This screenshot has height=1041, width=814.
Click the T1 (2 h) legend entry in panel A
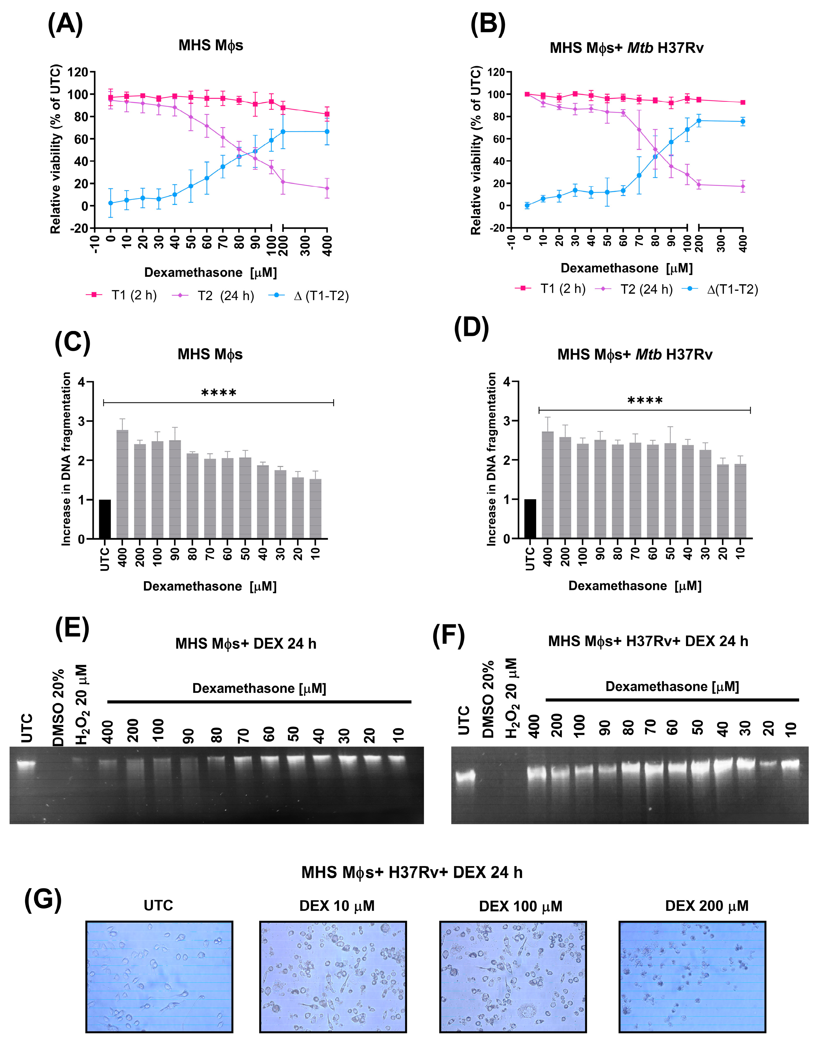point(122,296)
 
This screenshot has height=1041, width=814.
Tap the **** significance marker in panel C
point(219,393)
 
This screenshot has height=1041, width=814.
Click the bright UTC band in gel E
point(26,763)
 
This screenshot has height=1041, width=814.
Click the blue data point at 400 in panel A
point(327,132)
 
